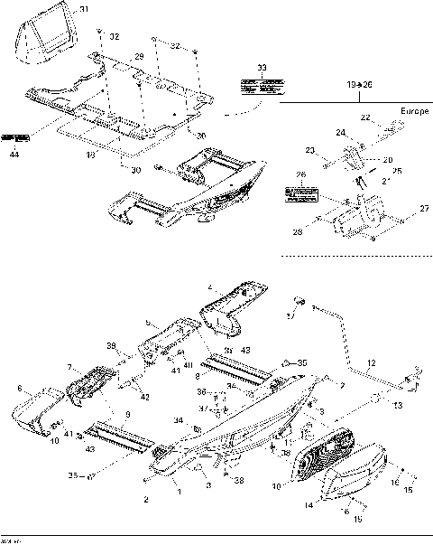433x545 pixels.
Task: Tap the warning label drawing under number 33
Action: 262,87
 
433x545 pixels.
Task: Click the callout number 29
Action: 139,57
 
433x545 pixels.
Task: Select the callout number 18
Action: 88,155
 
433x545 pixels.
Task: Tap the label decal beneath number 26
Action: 300,194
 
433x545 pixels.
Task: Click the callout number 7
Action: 69,367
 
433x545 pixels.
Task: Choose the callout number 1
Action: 179,491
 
